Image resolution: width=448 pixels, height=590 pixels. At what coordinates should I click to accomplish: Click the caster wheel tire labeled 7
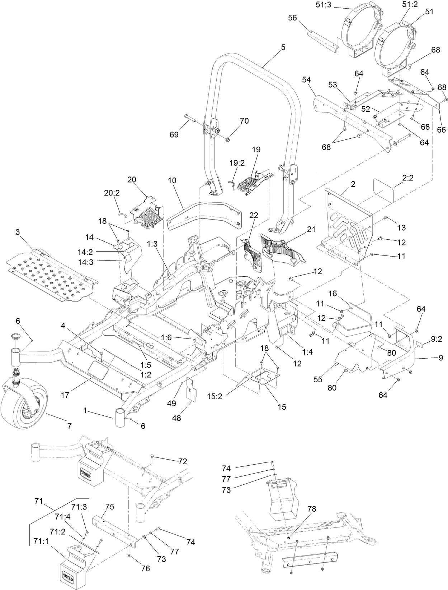point(22,406)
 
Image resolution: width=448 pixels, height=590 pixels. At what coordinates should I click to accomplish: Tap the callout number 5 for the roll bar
point(283,47)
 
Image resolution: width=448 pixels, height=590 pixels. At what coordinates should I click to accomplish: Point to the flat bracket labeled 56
point(323,39)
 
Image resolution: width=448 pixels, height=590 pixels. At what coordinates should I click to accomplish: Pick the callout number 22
point(254,216)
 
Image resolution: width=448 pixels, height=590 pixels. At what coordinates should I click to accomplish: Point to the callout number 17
point(65,395)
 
